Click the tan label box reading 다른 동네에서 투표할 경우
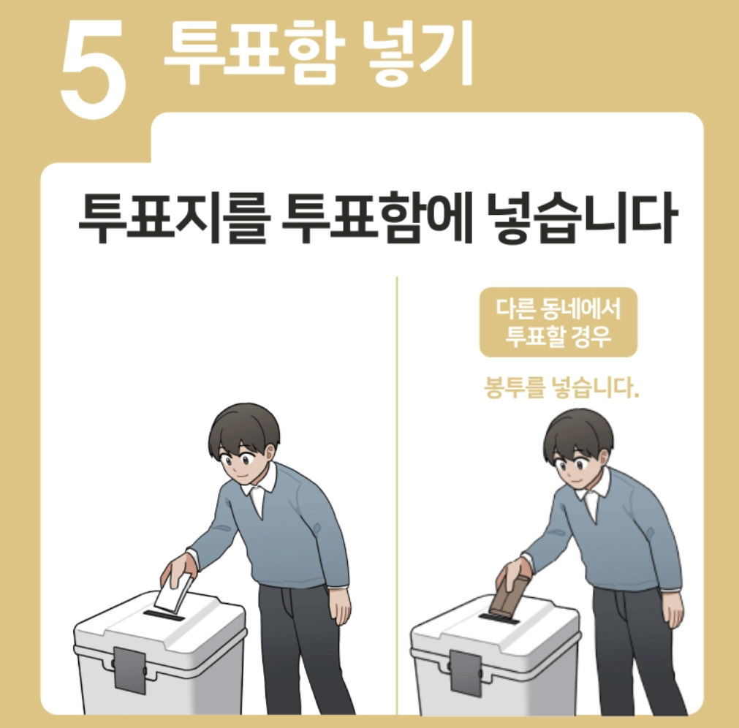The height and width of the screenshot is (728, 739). (558, 322)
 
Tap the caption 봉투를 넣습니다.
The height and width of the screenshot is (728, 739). (562, 387)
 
